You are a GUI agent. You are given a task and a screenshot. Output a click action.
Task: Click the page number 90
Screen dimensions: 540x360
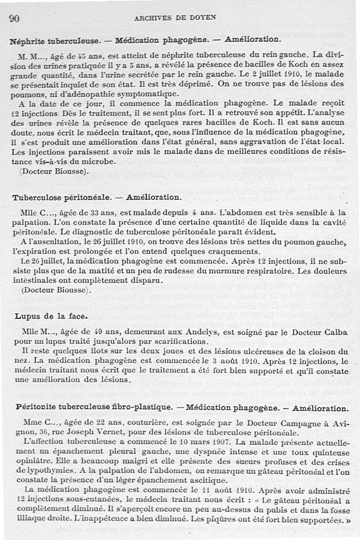pyautogui.click(x=14, y=18)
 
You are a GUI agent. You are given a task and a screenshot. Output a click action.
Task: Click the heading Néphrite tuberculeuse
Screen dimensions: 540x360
pyautogui.click(x=54, y=40)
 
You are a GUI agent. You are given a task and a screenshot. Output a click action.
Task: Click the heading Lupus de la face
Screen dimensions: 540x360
pyautogui.click(x=50, y=316)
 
